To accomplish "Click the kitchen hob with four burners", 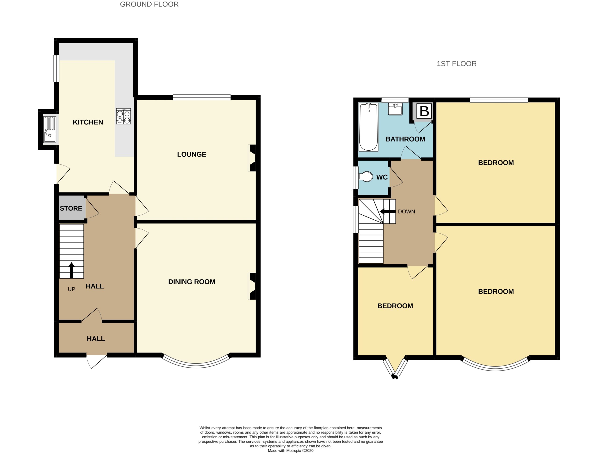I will pyautogui.click(x=124, y=116).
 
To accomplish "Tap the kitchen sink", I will pyautogui.click(x=50, y=129).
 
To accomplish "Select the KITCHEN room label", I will pyautogui.click(x=88, y=122).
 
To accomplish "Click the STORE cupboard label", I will pyautogui.click(x=71, y=208).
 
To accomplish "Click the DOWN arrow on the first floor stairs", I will pyautogui.click(x=387, y=212).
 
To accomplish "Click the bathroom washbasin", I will pyautogui.click(x=395, y=109).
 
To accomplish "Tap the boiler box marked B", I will pyautogui.click(x=424, y=111).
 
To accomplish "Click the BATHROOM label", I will pyautogui.click(x=405, y=139).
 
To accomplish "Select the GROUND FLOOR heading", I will pyautogui.click(x=149, y=4).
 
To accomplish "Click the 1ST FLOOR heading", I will pyautogui.click(x=456, y=64).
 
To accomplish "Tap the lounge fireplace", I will pyautogui.click(x=252, y=158).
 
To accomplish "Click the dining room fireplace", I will pyautogui.click(x=252, y=286).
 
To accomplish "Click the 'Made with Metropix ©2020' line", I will pyautogui.click(x=290, y=450).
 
